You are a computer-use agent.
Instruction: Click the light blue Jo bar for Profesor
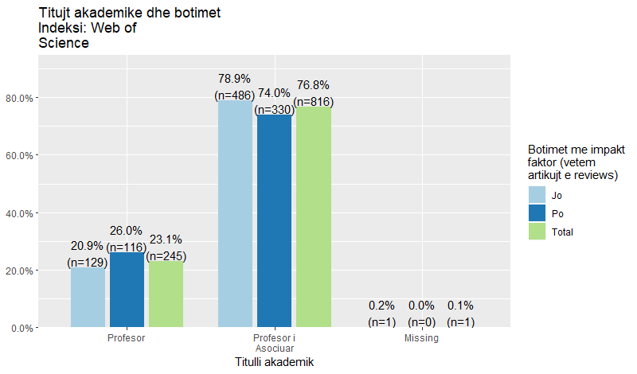(x=88, y=297)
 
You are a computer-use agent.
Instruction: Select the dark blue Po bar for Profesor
(x=127, y=290)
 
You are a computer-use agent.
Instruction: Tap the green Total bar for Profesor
(x=166, y=294)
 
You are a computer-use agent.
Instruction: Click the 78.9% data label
(x=234, y=79)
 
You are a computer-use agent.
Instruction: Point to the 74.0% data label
(x=274, y=93)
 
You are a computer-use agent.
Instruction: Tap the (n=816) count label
(x=313, y=102)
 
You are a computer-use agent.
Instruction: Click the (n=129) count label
(x=88, y=262)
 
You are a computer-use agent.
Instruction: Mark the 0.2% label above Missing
(x=381, y=306)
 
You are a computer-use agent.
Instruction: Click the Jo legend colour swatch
(x=537, y=194)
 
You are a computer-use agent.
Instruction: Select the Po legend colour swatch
(x=537, y=213)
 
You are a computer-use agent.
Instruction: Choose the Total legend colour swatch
(x=537, y=232)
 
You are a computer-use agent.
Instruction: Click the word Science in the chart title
(x=64, y=43)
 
